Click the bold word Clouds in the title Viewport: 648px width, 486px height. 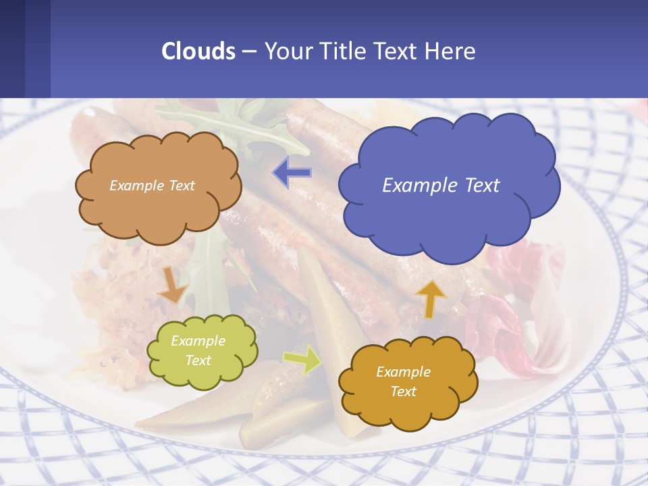(198, 51)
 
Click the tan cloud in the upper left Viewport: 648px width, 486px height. (155, 209)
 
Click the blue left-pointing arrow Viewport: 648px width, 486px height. (292, 173)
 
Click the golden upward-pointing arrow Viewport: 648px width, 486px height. (430, 298)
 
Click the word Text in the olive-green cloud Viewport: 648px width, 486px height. (198, 360)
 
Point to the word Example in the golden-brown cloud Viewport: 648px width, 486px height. (403, 372)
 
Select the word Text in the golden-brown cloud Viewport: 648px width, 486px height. (403, 391)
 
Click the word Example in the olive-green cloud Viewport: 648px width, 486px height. (198, 341)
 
